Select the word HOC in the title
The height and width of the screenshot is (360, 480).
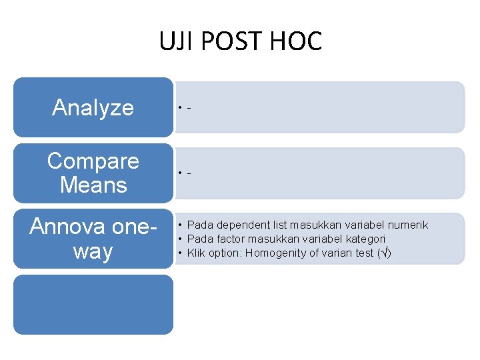pyautogui.click(x=297, y=41)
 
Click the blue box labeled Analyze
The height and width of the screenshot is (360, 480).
pyautogui.click(x=93, y=107)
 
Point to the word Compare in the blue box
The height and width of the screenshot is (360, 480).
pyautogui.click(x=93, y=161)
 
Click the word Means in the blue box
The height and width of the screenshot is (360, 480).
pyautogui.click(x=93, y=185)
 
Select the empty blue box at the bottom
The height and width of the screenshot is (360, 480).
pyautogui.click(x=93, y=305)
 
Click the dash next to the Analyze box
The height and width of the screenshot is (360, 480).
pyautogui.click(x=190, y=107)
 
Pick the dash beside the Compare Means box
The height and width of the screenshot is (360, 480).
pyautogui.click(x=190, y=173)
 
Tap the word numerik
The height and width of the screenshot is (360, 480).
pyautogui.click(x=407, y=225)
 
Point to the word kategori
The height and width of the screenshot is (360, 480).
pyautogui.click(x=364, y=239)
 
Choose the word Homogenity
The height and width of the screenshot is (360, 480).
pyautogui.click(x=273, y=253)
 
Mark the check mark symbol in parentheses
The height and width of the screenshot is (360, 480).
pyautogui.click(x=381, y=253)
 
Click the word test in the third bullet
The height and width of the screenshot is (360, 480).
pyautogui.click(x=363, y=253)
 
